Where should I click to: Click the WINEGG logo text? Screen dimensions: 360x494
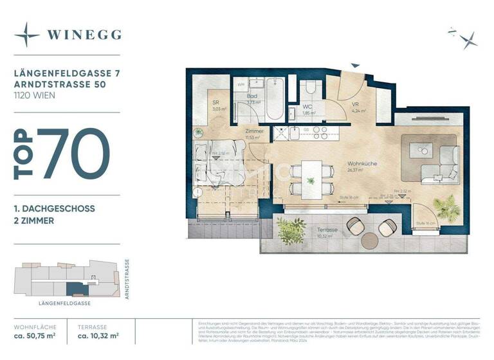coord(83,35)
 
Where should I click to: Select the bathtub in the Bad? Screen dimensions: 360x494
coord(275,100)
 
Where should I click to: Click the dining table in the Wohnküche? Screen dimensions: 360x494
coord(312,178)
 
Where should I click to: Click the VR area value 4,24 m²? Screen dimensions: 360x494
coord(358,111)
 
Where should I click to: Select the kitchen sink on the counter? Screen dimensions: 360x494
coord(293,134)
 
